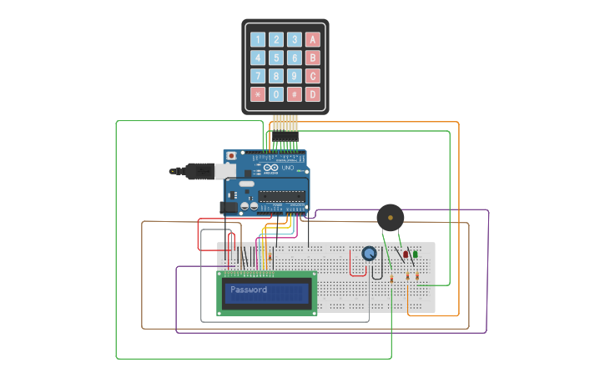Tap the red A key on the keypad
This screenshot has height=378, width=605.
coord(312,39)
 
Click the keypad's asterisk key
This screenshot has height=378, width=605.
coord(258,94)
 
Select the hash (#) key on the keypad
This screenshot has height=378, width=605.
coord(295,94)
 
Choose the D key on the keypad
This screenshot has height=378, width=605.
coord(312,94)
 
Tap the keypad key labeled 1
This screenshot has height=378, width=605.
coord(258,39)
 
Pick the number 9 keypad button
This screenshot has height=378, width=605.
coord(295,76)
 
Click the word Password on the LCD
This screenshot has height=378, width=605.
coord(249,290)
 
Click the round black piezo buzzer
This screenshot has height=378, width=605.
coord(390,218)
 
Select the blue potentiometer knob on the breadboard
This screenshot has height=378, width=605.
coord(369,254)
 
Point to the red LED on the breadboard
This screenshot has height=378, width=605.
coord(406,255)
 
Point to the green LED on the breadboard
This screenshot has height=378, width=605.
coord(416,255)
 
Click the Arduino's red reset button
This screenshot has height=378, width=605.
coord(231,156)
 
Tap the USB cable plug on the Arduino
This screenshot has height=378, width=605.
coord(200,171)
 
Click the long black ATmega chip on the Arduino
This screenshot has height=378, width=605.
coord(280,196)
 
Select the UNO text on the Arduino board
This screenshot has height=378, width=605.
coord(286,169)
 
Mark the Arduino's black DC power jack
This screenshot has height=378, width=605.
coord(228,206)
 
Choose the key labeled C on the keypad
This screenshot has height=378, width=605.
coord(312,76)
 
